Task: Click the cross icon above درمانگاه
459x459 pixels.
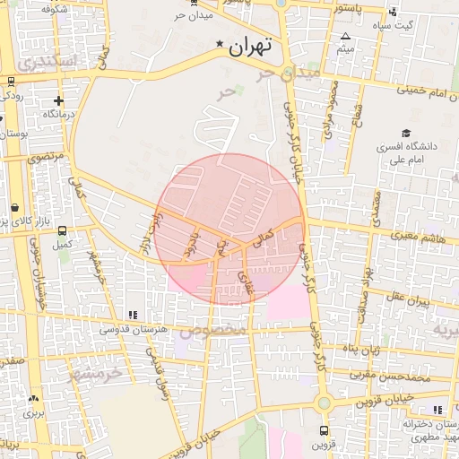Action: tap(59, 101)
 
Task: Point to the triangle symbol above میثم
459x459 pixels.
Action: tap(345, 37)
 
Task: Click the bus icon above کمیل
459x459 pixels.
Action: tap(61, 229)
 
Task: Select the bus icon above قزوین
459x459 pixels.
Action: tap(324, 430)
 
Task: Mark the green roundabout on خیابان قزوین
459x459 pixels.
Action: tap(324, 403)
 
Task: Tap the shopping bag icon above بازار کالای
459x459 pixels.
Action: tap(16, 207)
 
